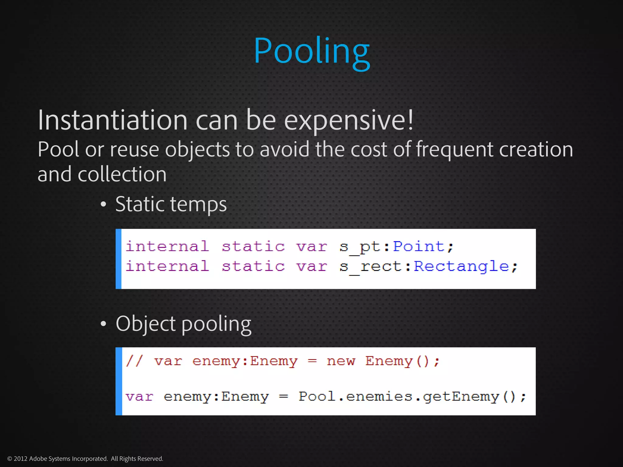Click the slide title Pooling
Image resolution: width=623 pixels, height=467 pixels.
coord(311,51)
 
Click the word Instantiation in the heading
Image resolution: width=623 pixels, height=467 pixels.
coord(113,120)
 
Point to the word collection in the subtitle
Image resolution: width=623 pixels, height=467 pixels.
coord(122,175)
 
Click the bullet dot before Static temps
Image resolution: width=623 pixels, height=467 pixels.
coord(103,204)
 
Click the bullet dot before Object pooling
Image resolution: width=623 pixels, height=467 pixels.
coord(103,324)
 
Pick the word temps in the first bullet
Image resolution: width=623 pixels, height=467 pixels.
coord(197,204)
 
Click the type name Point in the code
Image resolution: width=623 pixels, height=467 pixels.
coord(419,246)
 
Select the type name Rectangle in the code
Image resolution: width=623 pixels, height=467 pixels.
coord(461,266)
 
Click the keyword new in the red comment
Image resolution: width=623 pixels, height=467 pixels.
coord(341,361)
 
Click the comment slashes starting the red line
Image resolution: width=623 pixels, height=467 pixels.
coord(134,361)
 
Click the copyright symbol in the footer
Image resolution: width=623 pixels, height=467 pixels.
coord(9,459)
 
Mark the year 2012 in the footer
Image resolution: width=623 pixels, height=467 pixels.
coord(20,459)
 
